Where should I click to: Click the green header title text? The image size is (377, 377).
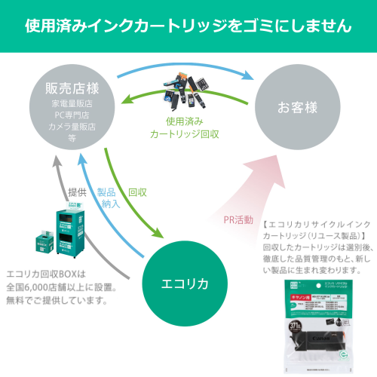point(188,25)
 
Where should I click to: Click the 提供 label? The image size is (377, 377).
point(78,192)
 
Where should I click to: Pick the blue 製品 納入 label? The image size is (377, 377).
point(106,198)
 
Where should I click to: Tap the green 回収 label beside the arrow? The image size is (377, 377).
point(137,192)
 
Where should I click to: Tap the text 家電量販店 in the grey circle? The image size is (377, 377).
point(72,103)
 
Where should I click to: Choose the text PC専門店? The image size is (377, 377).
point(72,115)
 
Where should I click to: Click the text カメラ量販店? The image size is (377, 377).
point(72,127)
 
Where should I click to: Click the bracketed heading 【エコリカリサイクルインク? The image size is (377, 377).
point(317,224)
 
